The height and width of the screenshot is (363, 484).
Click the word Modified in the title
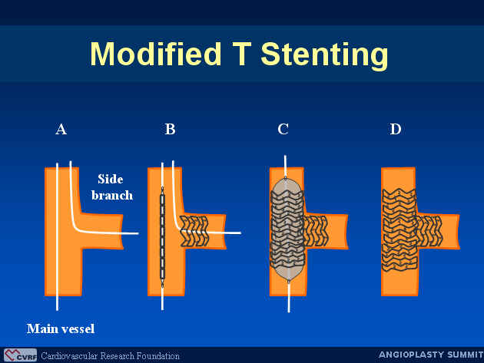(x=156, y=54)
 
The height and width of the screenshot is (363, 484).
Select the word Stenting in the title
(x=324, y=56)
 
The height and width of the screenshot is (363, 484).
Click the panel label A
(x=61, y=129)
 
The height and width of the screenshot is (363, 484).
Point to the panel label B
(x=170, y=129)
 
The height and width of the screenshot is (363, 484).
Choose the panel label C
(x=283, y=129)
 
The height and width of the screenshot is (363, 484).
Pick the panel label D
(x=396, y=129)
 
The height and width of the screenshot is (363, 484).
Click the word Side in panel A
(x=110, y=179)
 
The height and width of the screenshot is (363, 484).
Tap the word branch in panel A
(x=112, y=195)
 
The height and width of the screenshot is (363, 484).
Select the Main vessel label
(x=61, y=328)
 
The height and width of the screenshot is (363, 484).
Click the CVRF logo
(x=21, y=355)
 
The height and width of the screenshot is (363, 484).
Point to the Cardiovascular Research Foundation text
(x=110, y=356)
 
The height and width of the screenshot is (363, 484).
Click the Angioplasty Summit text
(x=431, y=355)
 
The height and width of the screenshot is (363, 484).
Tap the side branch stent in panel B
(x=194, y=231)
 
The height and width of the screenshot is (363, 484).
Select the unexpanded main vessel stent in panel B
(x=162, y=237)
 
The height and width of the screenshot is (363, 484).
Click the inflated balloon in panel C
(x=287, y=229)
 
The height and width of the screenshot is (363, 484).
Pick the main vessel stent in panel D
(x=399, y=230)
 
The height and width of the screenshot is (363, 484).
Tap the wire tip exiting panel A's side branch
(x=138, y=233)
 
